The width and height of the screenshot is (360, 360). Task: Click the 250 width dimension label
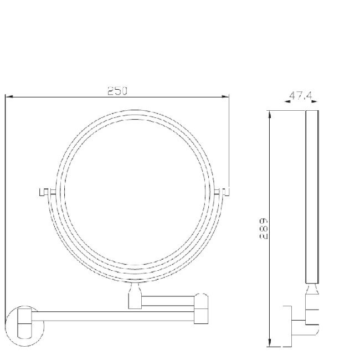117,90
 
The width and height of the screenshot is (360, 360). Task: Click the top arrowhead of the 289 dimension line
269,114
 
